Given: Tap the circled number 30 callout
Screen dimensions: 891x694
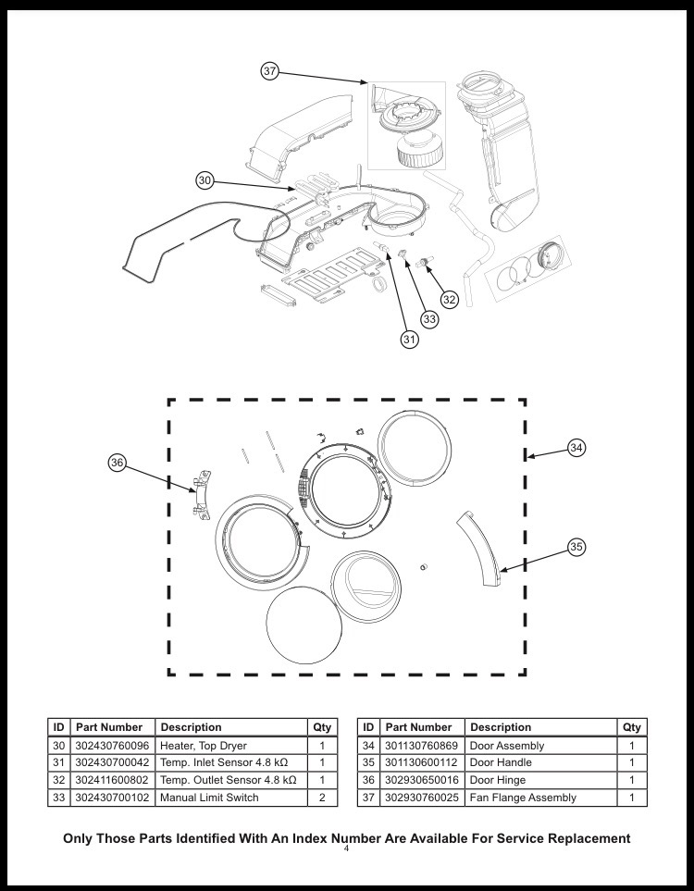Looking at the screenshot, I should click(205, 179).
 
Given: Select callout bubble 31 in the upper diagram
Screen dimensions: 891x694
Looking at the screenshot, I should click(409, 340).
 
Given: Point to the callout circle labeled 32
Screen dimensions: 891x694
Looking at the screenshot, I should click(450, 299).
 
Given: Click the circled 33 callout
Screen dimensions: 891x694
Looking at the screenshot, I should click(429, 318).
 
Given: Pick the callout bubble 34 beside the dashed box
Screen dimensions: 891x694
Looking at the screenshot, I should click(576, 448).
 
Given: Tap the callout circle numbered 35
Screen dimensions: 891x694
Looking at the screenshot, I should click(576, 547).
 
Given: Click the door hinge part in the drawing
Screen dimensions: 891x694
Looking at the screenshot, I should click(197, 492).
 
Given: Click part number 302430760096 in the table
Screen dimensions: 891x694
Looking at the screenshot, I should click(109, 745).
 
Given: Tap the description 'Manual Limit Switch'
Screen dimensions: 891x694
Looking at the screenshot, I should click(209, 797).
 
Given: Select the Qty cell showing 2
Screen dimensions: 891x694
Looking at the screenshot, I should click(322, 797).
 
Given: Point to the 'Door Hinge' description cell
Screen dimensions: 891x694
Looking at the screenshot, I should click(498, 780).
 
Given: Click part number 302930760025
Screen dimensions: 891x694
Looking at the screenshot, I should click(419, 797).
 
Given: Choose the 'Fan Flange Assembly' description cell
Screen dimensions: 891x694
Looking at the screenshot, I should click(523, 797).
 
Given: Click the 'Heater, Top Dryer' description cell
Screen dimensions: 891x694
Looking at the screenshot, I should click(204, 745).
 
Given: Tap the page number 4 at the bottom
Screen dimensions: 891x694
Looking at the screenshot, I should click(345, 849).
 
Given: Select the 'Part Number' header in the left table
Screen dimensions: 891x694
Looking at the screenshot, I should click(109, 726).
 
